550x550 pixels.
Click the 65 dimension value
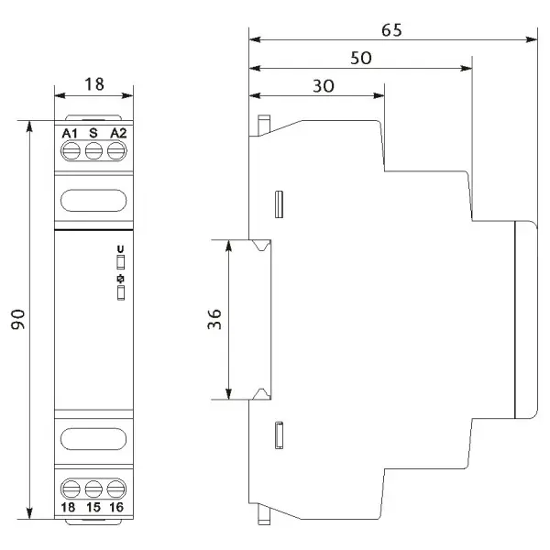pyautogui.click(x=391, y=30)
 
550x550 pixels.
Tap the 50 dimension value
pyautogui.click(x=361, y=58)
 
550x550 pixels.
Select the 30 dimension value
pyautogui.click(x=324, y=86)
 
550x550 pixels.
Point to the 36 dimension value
pyautogui.click(x=214, y=319)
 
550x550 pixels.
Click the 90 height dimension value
pyautogui.click(x=18, y=319)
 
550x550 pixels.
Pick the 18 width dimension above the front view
pyautogui.click(x=94, y=84)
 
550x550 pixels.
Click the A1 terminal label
pyautogui.click(x=70, y=133)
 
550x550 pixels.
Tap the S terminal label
pyautogui.click(x=93, y=133)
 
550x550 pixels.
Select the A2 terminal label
pyautogui.click(x=118, y=133)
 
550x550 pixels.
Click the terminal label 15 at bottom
pyautogui.click(x=93, y=507)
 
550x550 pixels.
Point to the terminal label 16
pyautogui.click(x=116, y=507)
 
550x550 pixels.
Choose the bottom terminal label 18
pyautogui.click(x=68, y=507)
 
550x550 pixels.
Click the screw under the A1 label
pyautogui.click(x=71, y=151)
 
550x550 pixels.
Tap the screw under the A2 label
pyautogui.click(x=116, y=151)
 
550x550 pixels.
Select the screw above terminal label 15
pyautogui.click(x=93, y=489)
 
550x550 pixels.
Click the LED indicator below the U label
pyautogui.click(x=121, y=262)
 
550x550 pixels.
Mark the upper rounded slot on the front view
pyautogui.click(x=93, y=201)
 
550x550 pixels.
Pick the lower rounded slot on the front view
pyautogui.click(x=93, y=439)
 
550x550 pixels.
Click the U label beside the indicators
pyautogui.click(x=120, y=249)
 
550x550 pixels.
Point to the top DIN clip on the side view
pyautogui.click(x=264, y=126)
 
